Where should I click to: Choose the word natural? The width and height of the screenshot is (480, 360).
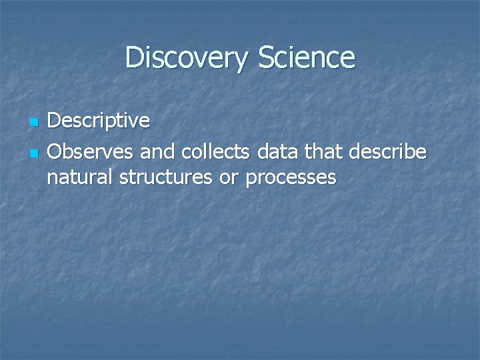click(x=80, y=178)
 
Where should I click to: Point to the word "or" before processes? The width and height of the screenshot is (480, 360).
click(x=229, y=179)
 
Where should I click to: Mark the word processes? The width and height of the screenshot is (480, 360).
click(x=291, y=179)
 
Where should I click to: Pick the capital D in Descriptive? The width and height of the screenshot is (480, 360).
click(x=56, y=122)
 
